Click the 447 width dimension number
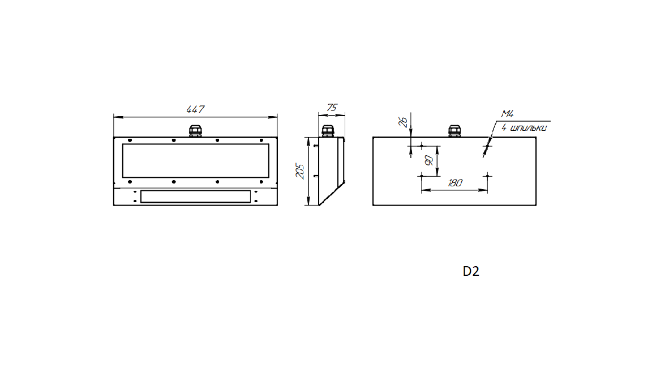coord(195,109)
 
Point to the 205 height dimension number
coord(301,171)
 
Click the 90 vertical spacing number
coord(428,160)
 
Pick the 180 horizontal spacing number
coord(454,183)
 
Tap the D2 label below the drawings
coord(471,271)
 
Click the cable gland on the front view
coord(195,131)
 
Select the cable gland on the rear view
coord(454,131)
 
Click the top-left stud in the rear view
coord(422,146)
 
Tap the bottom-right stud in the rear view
coord(487,176)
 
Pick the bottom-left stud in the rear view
coord(422,176)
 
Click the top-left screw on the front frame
coord(130,140)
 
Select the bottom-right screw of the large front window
coord(261,182)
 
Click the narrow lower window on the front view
coord(195,197)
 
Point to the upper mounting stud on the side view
coord(315,146)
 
